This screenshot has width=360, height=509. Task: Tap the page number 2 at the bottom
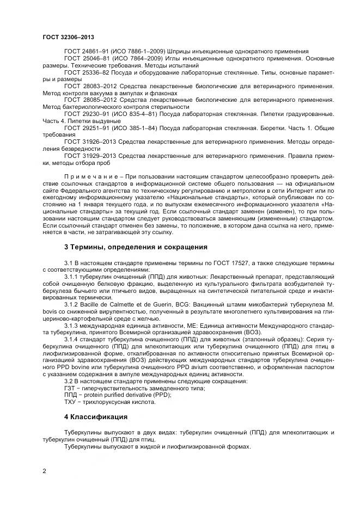44,471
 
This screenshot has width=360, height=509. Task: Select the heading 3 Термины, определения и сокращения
136,247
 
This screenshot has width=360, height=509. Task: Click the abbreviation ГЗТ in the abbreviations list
70,388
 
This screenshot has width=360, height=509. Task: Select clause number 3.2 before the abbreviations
69,381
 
